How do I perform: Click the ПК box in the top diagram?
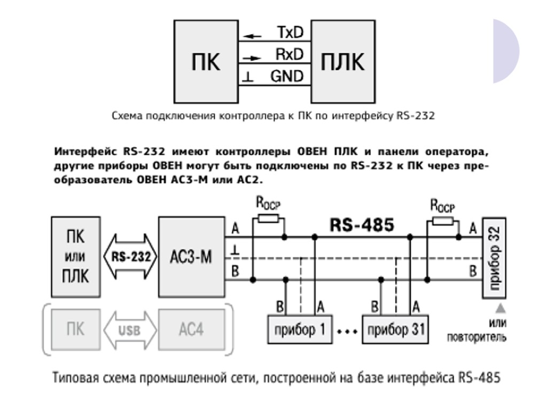click(205, 61)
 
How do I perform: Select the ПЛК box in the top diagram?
click(342, 61)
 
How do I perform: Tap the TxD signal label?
click(290, 33)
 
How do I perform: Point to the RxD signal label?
click(289, 54)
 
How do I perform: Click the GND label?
click(287, 76)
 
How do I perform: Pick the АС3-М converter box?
click(191, 257)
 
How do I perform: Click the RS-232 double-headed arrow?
click(129, 257)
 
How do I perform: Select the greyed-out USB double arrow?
click(129, 329)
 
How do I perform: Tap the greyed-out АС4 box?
click(191, 329)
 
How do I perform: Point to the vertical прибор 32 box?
click(494, 258)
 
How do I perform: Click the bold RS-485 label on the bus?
click(362, 225)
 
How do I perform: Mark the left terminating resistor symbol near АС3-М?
click(268, 218)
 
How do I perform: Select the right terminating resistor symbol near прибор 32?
click(442, 220)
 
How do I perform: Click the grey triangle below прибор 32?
click(501, 307)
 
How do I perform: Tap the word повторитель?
click(476, 337)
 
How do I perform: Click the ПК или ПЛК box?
click(75, 257)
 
